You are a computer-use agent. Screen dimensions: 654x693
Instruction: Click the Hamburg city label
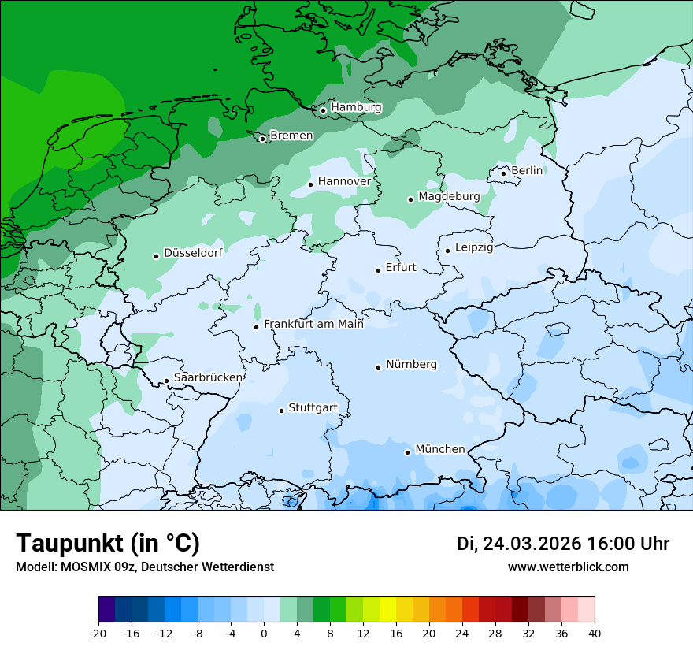tap(356, 107)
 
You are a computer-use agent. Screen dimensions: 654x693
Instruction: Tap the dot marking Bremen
tap(263, 139)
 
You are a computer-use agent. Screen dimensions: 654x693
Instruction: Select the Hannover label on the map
tap(344, 181)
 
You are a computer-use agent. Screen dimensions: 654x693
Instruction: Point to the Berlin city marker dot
tap(504, 173)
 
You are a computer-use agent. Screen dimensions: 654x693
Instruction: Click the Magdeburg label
tap(449, 196)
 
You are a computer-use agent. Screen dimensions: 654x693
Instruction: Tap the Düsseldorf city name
tap(193, 253)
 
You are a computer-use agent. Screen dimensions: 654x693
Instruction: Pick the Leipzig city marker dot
tap(447, 251)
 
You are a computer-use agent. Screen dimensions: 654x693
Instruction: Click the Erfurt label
tap(400, 268)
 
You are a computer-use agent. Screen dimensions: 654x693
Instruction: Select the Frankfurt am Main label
tap(313, 324)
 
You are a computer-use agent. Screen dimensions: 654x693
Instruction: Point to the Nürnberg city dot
tap(379, 367)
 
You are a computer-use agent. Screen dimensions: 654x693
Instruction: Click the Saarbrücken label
tap(208, 377)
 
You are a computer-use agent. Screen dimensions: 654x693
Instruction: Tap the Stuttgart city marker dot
tap(281, 411)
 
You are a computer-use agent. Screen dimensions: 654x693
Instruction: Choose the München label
tap(439, 449)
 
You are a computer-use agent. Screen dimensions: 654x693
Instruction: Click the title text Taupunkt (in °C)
tap(108, 543)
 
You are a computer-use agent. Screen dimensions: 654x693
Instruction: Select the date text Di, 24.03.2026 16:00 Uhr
tap(563, 544)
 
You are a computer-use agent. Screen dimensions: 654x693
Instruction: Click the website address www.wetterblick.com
tap(568, 567)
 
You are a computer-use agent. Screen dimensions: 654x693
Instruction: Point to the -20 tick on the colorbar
tap(98, 633)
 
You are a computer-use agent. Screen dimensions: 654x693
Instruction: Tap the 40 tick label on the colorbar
tap(594, 633)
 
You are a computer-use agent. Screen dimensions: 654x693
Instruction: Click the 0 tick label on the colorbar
tap(264, 633)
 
